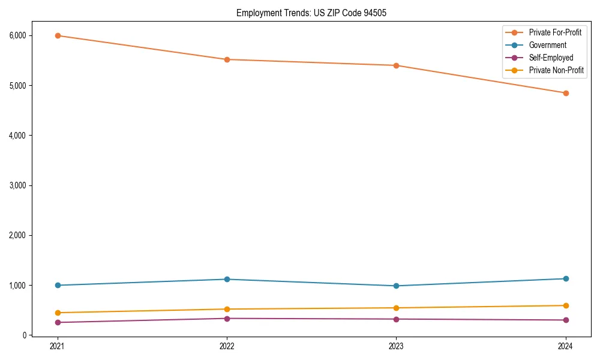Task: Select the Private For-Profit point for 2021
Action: click(x=58, y=35)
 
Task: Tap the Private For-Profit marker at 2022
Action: click(x=227, y=59)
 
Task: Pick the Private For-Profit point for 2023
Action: click(x=396, y=65)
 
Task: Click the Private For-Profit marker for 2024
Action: click(x=566, y=93)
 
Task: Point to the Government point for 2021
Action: click(x=58, y=285)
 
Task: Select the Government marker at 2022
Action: click(x=227, y=279)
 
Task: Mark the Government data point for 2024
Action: click(x=566, y=278)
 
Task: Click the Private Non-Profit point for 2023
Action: click(x=396, y=308)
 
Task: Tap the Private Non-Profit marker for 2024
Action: click(x=566, y=305)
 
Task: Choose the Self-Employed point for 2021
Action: click(x=58, y=322)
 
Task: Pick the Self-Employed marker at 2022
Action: click(x=227, y=318)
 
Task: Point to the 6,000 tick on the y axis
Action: click(x=18, y=35)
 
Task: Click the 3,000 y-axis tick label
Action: click(x=18, y=185)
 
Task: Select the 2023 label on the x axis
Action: click(x=396, y=346)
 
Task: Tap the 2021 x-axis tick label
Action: click(x=58, y=346)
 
